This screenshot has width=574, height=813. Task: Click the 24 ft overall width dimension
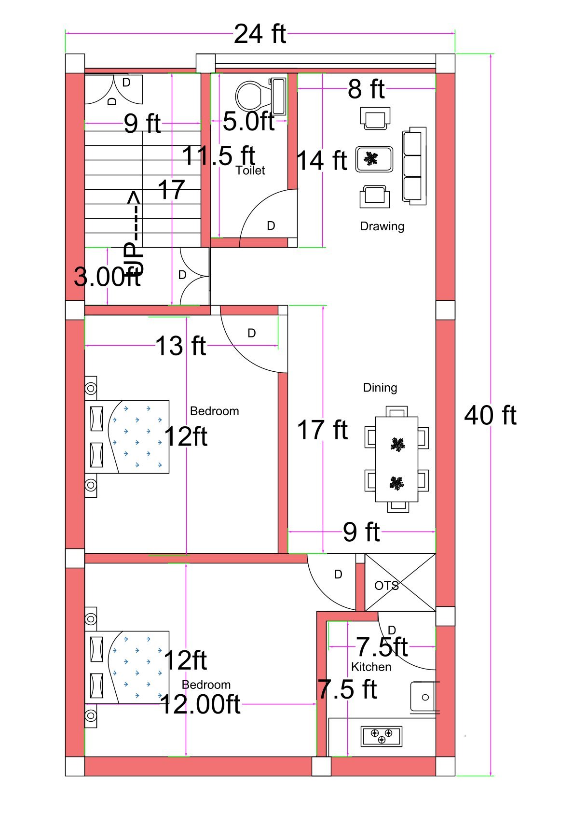click(x=260, y=34)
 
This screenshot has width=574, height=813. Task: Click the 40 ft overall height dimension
click(x=490, y=416)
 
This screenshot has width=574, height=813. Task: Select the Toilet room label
click(x=250, y=170)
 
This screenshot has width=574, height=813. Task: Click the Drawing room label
click(x=382, y=226)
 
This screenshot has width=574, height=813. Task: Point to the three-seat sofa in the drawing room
click(x=414, y=166)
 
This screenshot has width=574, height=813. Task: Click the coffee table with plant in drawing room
click(x=374, y=159)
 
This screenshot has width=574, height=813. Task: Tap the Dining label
click(x=380, y=388)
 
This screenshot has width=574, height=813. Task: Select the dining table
click(x=396, y=459)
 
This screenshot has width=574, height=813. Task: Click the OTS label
click(x=386, y=586)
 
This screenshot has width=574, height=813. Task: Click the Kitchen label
click(x=371, y=667)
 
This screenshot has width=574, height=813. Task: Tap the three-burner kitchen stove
click(x=382, y=736)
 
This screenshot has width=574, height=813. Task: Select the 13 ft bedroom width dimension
click(x=181, y=346)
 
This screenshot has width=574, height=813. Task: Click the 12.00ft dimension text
click(x=200, y=704)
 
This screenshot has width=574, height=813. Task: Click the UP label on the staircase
click(x=134, y=258)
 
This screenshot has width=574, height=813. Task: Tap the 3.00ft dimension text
click(x=107, y=277)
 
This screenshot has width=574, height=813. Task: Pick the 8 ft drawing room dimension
click(x=366, y=89)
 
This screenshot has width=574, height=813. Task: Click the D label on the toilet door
click(x=271, y=226)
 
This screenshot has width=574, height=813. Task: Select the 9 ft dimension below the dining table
click(x=361, y=532)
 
